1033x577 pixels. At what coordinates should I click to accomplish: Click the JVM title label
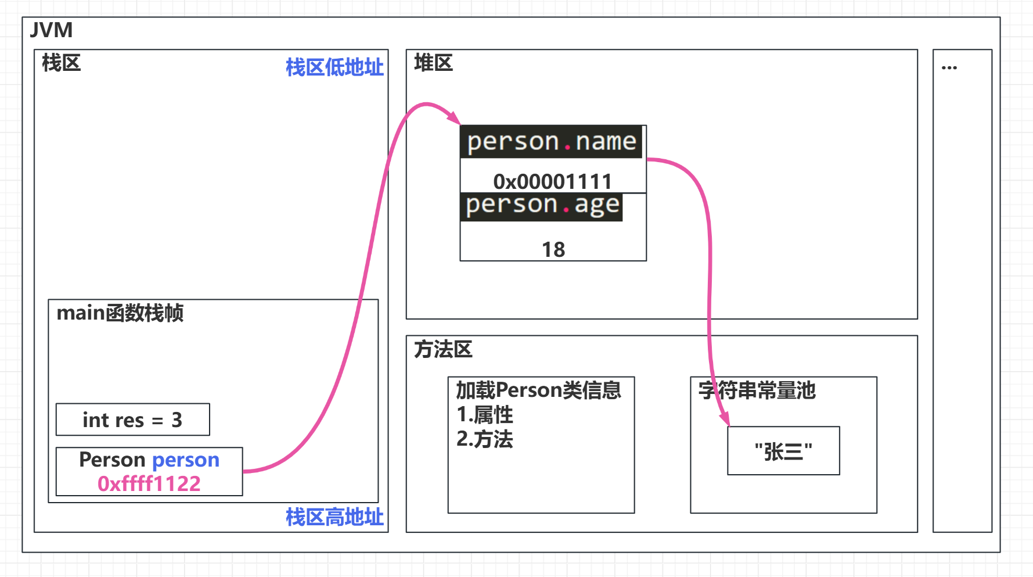[x=52, y=30]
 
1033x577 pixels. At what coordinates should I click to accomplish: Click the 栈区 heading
[x=61, y=63]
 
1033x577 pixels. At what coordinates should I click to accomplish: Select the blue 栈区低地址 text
[x=334, y=67]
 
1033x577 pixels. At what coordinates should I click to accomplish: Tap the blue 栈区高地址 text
[x=334, y=517]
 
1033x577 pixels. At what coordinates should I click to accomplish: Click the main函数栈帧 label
[x=120, y=313]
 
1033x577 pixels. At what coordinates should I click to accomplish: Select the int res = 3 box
[x=132, y=420]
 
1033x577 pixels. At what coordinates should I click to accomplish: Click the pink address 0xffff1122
[x=149, y=483]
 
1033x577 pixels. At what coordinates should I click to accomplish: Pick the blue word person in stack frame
[x=186, y=460]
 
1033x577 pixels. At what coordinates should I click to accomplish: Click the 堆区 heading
[x=433, y=63]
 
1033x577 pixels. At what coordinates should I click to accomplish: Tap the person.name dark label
[x=552, y=142]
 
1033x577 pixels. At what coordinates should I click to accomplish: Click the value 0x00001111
[x=552, y=181]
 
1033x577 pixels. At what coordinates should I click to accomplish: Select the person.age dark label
[x=542, y=206]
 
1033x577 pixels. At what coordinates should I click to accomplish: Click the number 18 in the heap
[x=553, y=249]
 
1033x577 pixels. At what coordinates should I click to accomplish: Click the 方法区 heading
[x=443, y=349]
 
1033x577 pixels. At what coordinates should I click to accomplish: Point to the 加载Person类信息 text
[x=538, y=390]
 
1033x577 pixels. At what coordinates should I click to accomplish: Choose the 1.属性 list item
[x=485, y=415]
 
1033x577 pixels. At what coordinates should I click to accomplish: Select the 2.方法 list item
[x=485, y=439]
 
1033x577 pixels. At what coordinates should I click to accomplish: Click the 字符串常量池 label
[x=757, y=390]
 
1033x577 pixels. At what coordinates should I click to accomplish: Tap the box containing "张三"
[x=783, y=451]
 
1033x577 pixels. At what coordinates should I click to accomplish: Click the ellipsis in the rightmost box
[x=949, y=68]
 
